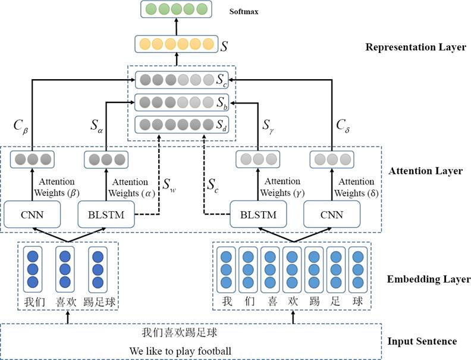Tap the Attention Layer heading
pyautogui.click(x=425, y=171)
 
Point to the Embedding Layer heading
pyautogui.click(x=421, y=278)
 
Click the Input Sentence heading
pyautogui.click(x=422, y=341)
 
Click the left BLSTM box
pyautogui.click(x=106, y=215)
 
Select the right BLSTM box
pyautogui.click(x=258, y=215)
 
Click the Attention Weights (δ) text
pyautogui.click(x=354, y=187)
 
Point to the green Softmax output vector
pyautogui.click(x=175, y=10)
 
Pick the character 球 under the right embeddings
pyautogui.click(x=357, y=301)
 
